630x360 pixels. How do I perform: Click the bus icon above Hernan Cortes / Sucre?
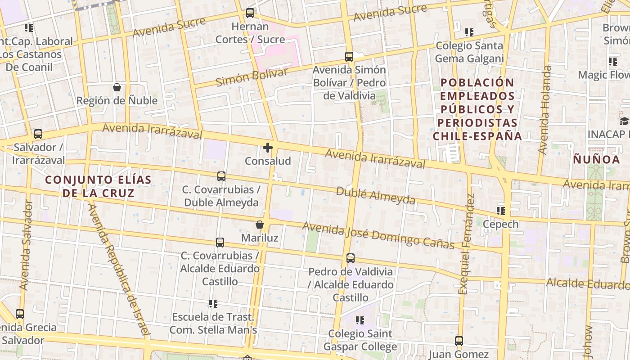pos(250,13)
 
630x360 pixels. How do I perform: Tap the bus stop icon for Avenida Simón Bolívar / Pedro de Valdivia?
pos(349,57)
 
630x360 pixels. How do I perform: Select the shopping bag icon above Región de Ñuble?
pos(117,87)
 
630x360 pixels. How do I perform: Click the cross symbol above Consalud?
pos(268,148)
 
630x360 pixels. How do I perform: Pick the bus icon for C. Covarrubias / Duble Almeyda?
pos(221,176)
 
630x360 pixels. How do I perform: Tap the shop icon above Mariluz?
pos(260,225)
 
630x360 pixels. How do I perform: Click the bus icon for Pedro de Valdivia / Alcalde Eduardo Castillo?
pos(351,258)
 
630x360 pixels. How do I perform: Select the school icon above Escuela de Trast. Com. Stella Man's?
pos(213,304)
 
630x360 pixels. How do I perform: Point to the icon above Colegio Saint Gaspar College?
pos(360,320)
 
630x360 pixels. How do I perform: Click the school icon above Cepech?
pos(500,211)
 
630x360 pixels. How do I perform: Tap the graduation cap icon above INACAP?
pos(624,121)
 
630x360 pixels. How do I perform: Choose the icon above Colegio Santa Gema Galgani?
pos(469,32)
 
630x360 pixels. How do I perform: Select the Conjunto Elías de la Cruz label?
pos(99,186)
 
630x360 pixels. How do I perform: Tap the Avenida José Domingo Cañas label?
pos(378,235)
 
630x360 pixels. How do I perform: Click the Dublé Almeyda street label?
pos(375,196)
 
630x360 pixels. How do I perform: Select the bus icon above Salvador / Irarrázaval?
pos(38,134)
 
